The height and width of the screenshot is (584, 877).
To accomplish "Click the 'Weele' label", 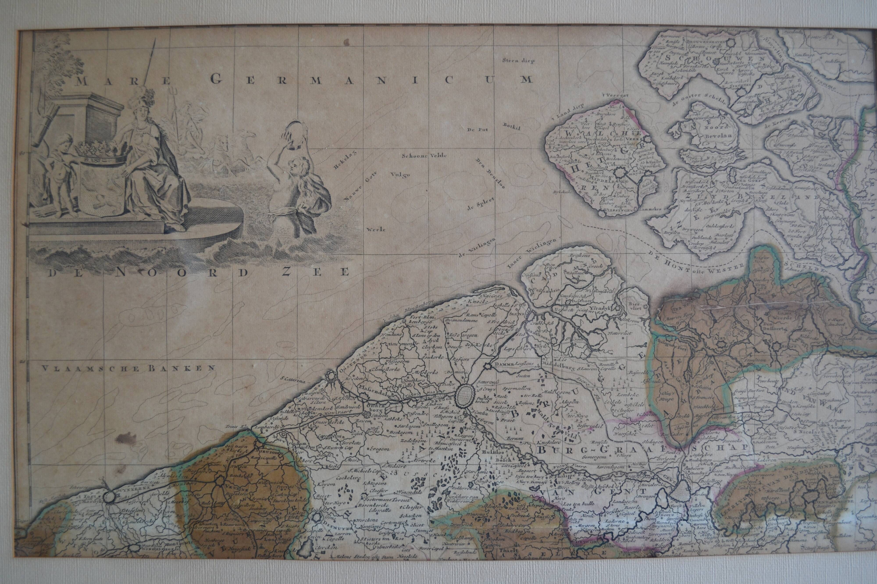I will (376, 229).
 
